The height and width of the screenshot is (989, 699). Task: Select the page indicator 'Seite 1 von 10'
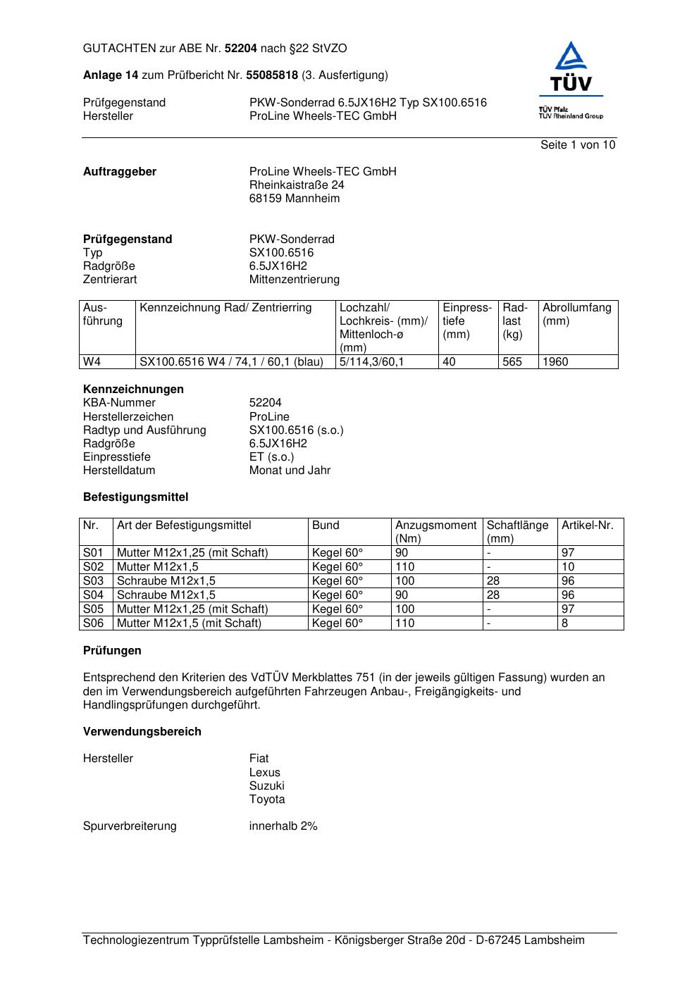[x=578, y=145]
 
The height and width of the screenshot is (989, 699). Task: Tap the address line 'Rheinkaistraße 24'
[x=297, y=185]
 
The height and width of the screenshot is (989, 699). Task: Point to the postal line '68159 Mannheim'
[x=295, y=199]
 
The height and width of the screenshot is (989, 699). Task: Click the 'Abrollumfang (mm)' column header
[x=577, y=314]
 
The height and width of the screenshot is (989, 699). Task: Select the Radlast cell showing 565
[x=512, y=362]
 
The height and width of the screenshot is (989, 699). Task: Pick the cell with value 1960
[x=555, y=362]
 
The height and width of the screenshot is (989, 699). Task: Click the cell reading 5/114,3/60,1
[x=372, y=362]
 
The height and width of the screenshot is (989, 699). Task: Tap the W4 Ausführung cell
[x=92, y=362]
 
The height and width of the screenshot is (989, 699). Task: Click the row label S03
[x=94, y=581]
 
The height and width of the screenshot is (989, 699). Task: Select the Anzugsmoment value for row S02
[x=405, y=567]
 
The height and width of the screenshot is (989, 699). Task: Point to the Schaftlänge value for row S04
[x=493, y=595]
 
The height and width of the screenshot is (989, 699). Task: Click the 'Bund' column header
[x=326, y=525]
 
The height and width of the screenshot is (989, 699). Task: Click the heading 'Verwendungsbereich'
[x=142, y=732]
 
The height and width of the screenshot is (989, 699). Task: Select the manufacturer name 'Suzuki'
[x=267, y=786]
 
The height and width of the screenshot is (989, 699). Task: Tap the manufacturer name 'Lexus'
[x=265, y=773]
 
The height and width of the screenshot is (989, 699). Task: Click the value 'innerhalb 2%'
[x=283, y=826]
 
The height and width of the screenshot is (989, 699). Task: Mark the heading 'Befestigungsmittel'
[x=136, y=497]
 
